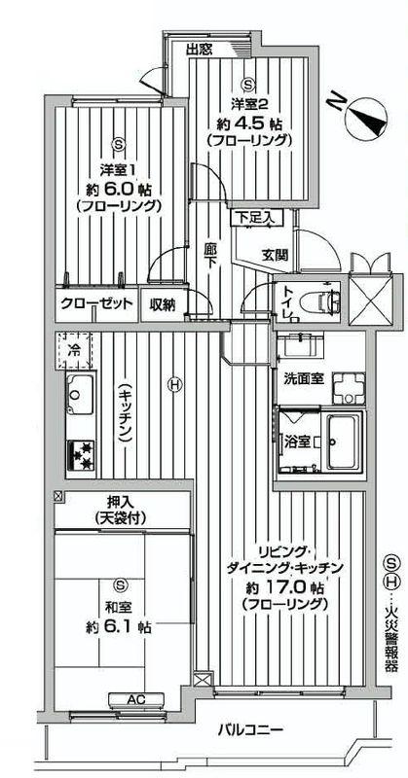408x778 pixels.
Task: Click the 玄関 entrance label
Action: (275, 255)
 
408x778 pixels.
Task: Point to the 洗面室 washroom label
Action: (303, 377)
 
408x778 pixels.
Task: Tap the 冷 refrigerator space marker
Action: (74, 345)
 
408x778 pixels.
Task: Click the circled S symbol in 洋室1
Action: (118, 144)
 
